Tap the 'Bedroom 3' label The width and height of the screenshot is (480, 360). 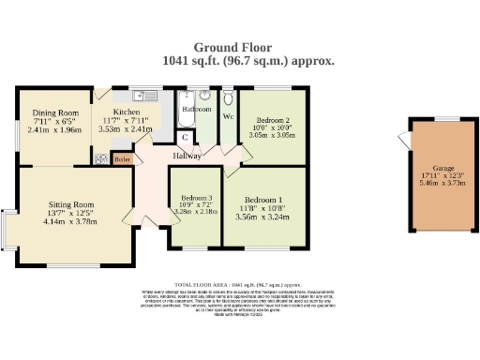[196, 198]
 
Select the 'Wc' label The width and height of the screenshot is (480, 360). [229, 116]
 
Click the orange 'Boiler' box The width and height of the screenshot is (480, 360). [121, 159]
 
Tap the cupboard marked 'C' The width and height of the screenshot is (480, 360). [186, 137]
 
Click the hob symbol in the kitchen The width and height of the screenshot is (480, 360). [100, 158]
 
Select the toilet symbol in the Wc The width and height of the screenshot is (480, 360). [229, 97]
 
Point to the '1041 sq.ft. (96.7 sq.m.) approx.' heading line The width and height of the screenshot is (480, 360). [248, 59]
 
